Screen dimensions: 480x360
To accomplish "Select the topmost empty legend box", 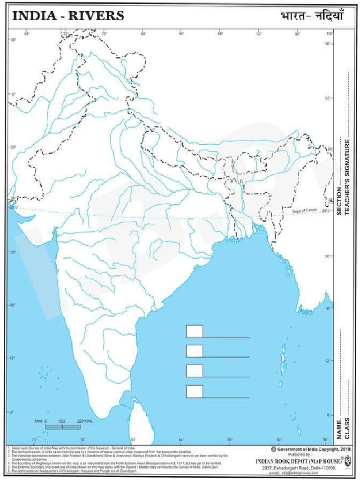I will coord(195,331).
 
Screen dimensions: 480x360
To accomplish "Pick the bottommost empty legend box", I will coord(195,391).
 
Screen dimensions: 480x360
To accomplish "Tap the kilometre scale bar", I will coord(63,427).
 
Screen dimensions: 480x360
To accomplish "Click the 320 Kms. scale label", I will coord(85,421).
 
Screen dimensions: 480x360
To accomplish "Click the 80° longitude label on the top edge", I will coord(143,34).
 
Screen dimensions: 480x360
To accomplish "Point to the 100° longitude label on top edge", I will coord(329,34).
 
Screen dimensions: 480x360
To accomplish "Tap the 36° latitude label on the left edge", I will coord(13,40).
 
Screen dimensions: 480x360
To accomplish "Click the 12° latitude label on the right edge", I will coord(328,361).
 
